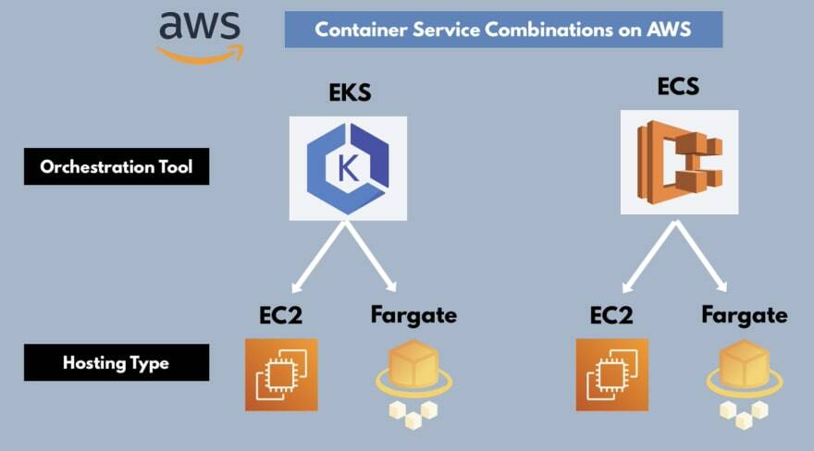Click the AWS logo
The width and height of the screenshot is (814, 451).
(199, 36)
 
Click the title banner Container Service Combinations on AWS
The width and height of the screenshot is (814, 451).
(503, 30)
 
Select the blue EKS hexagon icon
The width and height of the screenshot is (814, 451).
(348, 167)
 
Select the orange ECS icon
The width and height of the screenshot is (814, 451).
(679, 162)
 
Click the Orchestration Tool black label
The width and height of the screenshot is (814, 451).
(117, 168)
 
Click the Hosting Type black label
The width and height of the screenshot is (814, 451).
(117, 363)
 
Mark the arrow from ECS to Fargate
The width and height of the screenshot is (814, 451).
(706, 257)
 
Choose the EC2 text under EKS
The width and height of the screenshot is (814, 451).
(281, 315)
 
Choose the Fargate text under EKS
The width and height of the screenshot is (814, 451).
(413, 315)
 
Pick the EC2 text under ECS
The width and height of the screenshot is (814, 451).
(611, 315)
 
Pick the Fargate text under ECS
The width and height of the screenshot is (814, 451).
(744, 315)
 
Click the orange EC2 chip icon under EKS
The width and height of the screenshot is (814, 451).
(281, 374)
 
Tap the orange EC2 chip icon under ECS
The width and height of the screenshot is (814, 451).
(612, 374)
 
